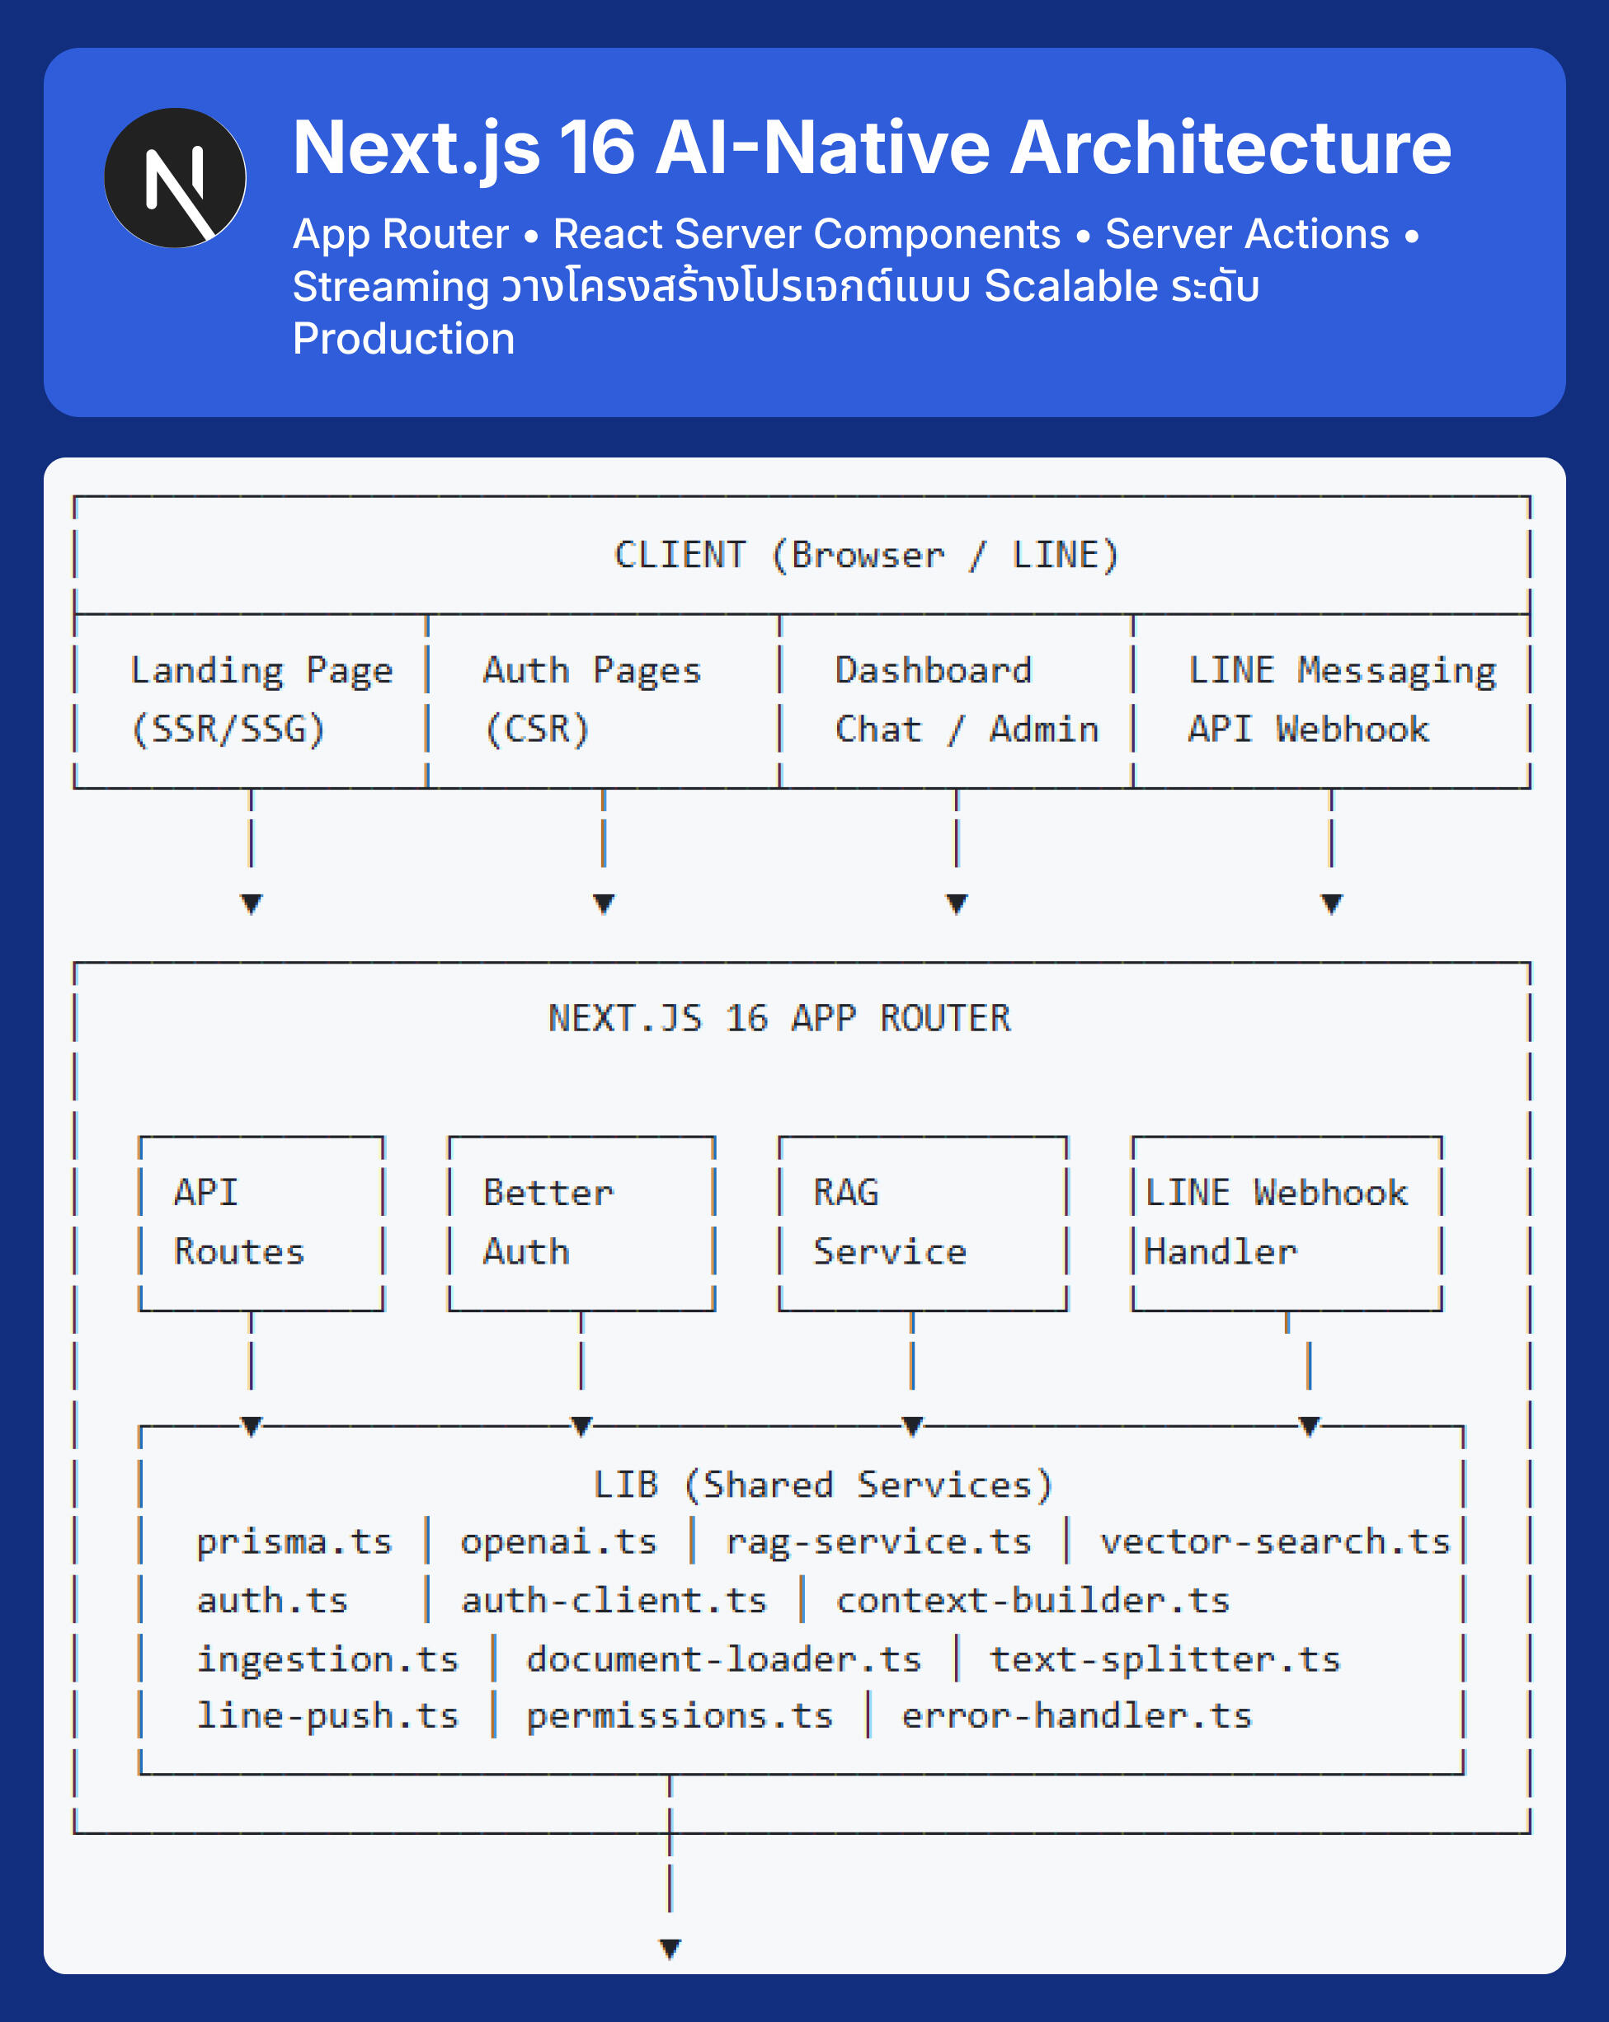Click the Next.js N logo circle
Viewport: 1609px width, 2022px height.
175,178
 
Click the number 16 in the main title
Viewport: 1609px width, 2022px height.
597,148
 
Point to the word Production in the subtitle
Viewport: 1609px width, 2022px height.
403,339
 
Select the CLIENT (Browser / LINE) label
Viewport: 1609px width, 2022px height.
866,556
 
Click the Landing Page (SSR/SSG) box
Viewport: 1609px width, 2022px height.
251,701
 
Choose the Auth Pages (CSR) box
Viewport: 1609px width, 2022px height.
602,701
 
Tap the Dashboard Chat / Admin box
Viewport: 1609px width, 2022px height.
956,701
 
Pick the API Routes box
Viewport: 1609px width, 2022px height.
261,1223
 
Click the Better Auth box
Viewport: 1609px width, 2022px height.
581,1223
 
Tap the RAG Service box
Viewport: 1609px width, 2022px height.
922,1223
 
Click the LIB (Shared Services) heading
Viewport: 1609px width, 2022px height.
823,1485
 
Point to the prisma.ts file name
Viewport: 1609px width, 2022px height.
294,1541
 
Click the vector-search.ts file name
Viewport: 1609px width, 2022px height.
1274,1541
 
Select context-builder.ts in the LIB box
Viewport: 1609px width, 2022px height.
1032,1600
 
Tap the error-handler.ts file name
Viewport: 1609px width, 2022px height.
1076,1715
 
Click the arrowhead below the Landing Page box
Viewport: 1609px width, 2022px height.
251,903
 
